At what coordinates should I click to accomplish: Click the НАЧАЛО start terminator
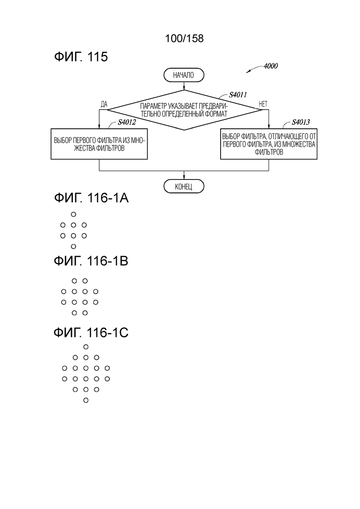[184, 75]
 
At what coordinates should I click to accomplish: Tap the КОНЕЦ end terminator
[184, 186]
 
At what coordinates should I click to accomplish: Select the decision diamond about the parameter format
[184, 110]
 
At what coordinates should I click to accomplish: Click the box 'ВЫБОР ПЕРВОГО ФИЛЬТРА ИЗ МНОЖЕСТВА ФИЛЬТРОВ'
[99, 144]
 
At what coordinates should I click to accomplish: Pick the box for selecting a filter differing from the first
[269, 144]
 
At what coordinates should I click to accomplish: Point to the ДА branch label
[104, 104]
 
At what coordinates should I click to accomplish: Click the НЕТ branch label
[263, 104]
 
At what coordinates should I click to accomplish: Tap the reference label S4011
[238, 95]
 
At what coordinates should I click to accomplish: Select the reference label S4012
[126, 122]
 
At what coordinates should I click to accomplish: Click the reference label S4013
[300, 122]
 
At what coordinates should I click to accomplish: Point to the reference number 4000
[271, 66]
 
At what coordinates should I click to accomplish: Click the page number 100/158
[184, 38]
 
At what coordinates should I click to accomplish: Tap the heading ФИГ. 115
[81, 57]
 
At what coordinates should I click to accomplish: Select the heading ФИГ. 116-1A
[91, 198]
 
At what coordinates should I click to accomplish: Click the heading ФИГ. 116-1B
[91, 261]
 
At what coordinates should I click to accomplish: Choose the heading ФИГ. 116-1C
[91, 332]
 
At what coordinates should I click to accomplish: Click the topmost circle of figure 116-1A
[73, 214]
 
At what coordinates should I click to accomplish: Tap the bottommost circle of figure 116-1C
[86, 400]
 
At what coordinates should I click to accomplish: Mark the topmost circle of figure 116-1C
[86, 347]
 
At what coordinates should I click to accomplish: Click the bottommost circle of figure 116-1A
[73, 246]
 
